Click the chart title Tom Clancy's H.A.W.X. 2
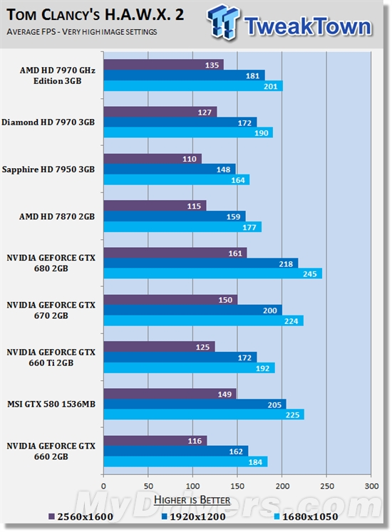click(93, 16)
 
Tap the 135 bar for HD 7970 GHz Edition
click(163, 65)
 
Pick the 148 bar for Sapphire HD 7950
click(169, 169)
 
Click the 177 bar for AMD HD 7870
click(182, 226)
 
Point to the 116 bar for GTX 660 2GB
click(155, 440)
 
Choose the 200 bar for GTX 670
click(192, 309)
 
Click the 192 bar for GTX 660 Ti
click(189, 367)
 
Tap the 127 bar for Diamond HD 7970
click(160, 111)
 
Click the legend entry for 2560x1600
click(83, 516)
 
